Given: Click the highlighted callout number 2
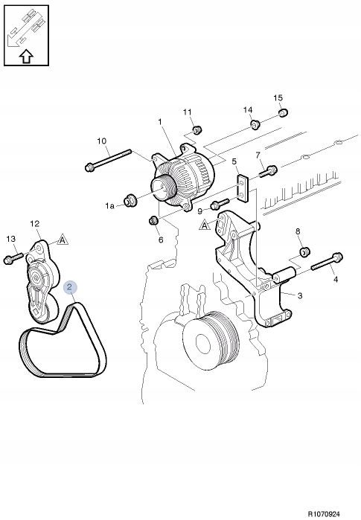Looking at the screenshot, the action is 69,287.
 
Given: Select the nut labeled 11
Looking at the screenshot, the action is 197,129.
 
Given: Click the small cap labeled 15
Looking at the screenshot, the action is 283,113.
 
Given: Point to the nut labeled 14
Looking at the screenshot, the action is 255,125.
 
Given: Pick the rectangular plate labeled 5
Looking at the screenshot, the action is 243,188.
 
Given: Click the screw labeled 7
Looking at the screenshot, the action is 268,171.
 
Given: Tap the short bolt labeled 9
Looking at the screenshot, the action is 220,205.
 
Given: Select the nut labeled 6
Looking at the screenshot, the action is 154,220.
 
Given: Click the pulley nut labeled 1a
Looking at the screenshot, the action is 130,201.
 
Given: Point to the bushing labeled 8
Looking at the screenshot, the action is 304,251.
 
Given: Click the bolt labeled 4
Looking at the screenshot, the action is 328,262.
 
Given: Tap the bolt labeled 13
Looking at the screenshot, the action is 13,259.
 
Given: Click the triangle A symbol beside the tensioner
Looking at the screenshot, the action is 63,240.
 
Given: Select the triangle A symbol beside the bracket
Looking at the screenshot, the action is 205,225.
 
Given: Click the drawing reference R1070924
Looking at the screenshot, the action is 324,514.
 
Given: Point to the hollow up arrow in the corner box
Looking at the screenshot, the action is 26,57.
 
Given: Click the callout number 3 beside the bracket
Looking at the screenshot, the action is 300,295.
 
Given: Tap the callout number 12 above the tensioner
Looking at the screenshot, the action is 35,224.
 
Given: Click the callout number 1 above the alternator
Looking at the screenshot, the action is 160,122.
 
